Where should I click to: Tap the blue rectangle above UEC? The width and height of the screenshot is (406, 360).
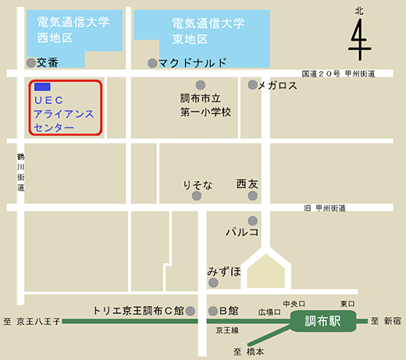pyautogui.click(x=43, y=86)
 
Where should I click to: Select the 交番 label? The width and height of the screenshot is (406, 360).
pyautogui.click(x=48, y=62)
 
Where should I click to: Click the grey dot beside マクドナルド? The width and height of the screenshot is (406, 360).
pyautogui.click(x=152, y=62)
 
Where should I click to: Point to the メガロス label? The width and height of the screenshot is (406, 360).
pyautogui.click(x=277, y=85)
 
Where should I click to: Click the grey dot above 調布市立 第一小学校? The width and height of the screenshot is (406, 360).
pyautogui.click(x=206, y=84)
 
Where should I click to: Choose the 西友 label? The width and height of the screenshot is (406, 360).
pyautogui.click(x=248, y=184)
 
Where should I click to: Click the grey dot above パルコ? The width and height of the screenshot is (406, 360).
pyautogui.click(x=252, y=220)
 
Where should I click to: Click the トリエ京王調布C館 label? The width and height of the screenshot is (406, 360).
pyautogui.click(x=137, y=310)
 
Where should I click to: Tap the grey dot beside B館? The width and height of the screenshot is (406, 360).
pyautogui.click(x=212, y=310)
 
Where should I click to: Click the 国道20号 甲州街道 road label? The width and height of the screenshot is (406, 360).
pyautogui.click(x=338, y=73)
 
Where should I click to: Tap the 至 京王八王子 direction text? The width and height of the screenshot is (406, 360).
pyautogui.click(x=31, y=321)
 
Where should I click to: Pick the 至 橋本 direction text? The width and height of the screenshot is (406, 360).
pyautogui.click(x=247, y=351)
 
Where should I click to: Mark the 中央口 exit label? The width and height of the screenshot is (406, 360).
pyautogui.click(x=292, y=302)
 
